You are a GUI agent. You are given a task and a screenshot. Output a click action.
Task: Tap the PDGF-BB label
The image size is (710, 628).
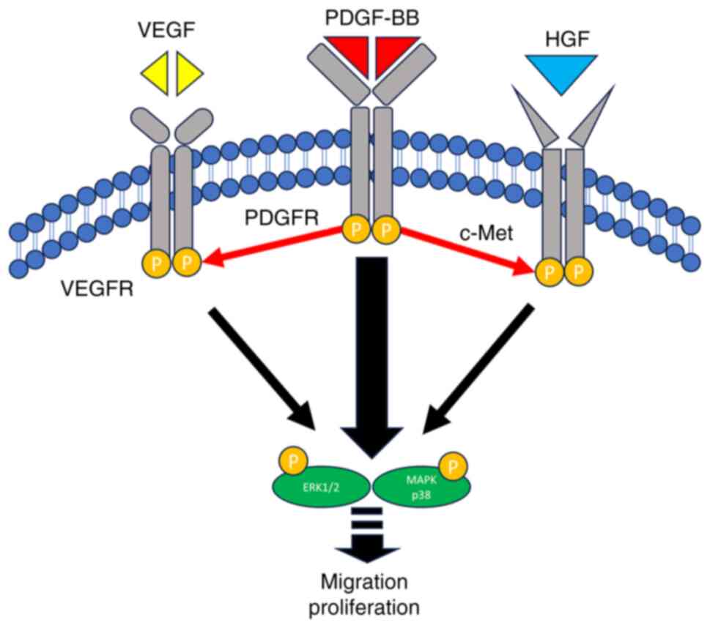376,17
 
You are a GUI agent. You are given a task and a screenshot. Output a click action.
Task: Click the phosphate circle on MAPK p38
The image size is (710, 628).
454,463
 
